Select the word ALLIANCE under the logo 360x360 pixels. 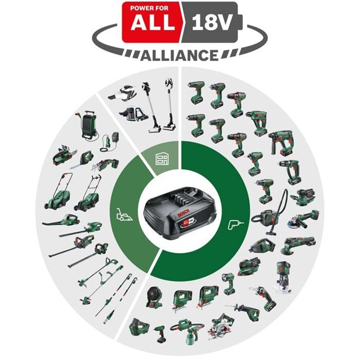tap(180, 55)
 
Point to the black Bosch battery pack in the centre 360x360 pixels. tap(180, 215)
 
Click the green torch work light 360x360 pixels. tap(228, 283)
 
